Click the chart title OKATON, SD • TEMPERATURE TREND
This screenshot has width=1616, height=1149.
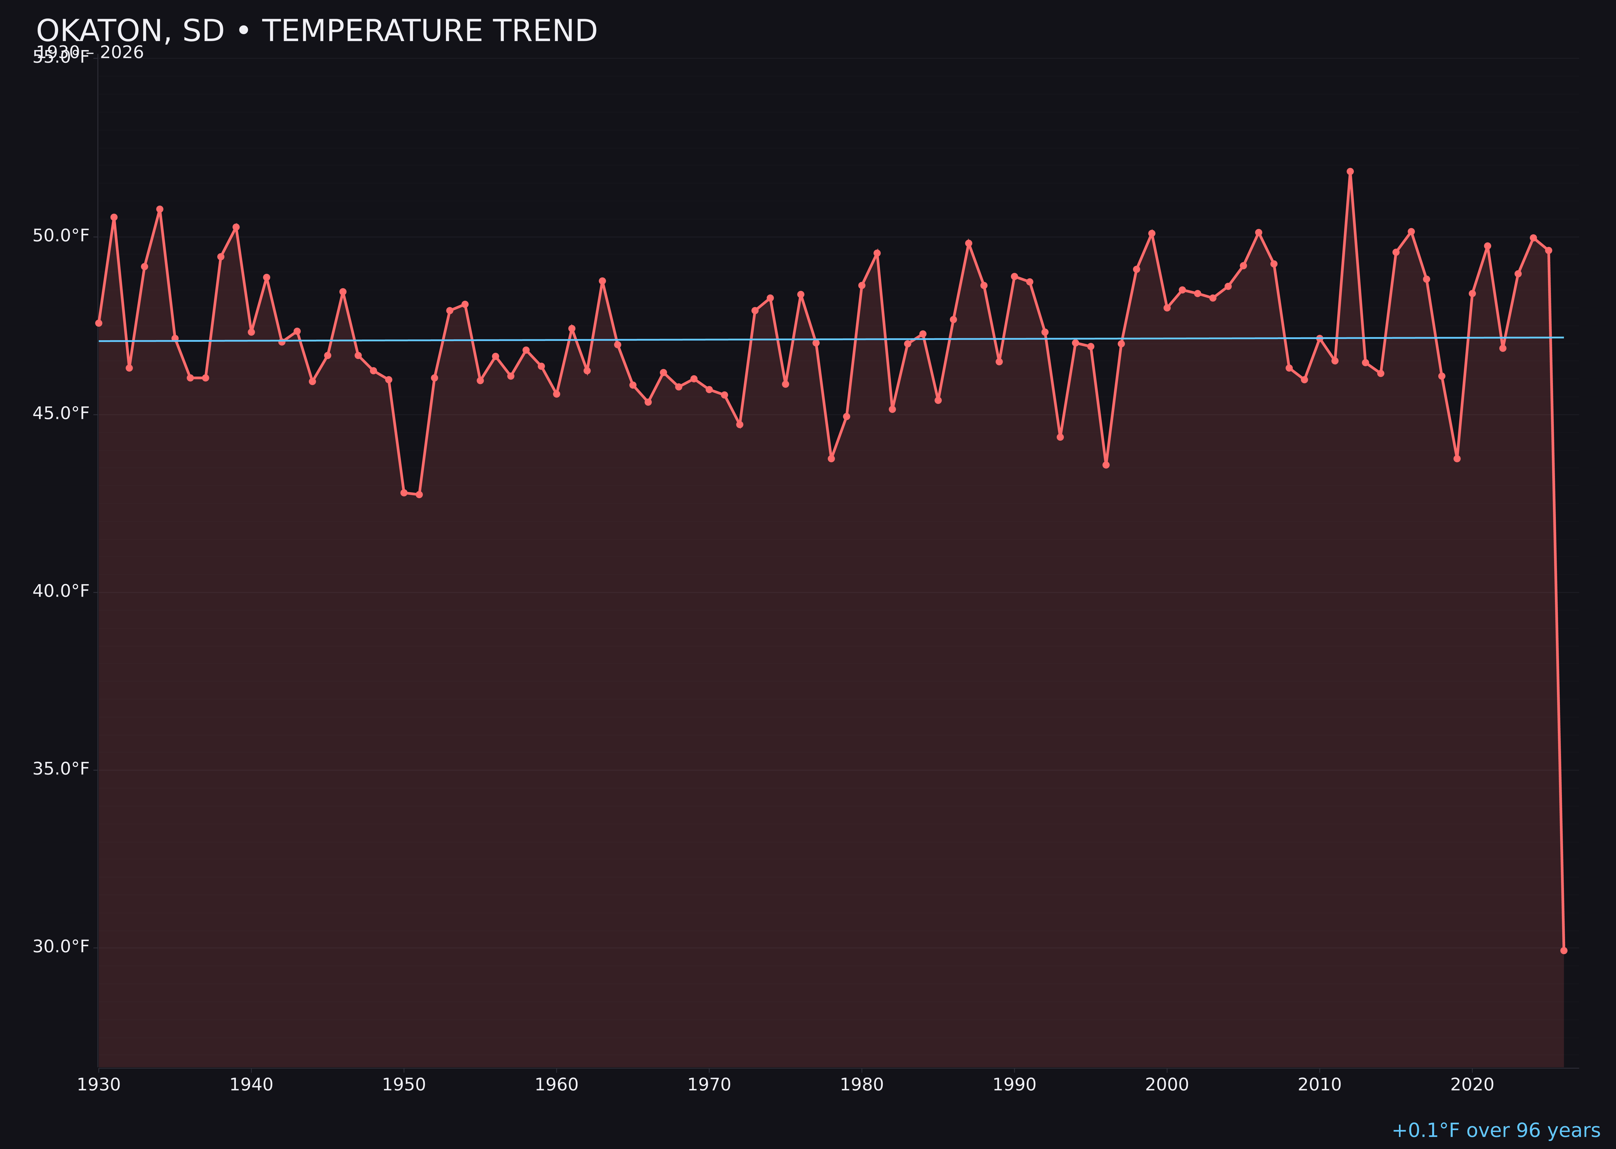tap(316, 31)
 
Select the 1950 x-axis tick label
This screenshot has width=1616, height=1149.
tap(404, 1085)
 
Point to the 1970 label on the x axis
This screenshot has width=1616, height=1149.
tap(709, 1085)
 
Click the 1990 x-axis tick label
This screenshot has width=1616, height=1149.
tap(1014, 1085)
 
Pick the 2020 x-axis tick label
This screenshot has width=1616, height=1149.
tap(1472, 1085)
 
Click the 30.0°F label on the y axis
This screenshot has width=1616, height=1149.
tap(61, 947)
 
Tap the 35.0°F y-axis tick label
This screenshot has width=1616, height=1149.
tap(61, 769)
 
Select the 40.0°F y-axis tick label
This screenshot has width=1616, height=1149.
tap(61, 591)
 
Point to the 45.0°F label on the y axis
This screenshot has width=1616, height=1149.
tap(61, 413)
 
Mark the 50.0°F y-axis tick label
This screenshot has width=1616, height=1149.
tap(61, 236)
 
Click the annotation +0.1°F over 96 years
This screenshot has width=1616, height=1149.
tap(1496, 1130)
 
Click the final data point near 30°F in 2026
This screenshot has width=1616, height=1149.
tap(1563, 950)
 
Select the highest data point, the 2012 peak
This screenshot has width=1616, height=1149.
tap(1350, 171)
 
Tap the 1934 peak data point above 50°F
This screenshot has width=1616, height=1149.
tap(160, 209)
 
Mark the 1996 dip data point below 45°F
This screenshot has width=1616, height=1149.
tap(1106, 465)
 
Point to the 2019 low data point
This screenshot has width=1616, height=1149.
tap(1457, 459)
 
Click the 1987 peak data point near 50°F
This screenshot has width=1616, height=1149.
tap(969, 243)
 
